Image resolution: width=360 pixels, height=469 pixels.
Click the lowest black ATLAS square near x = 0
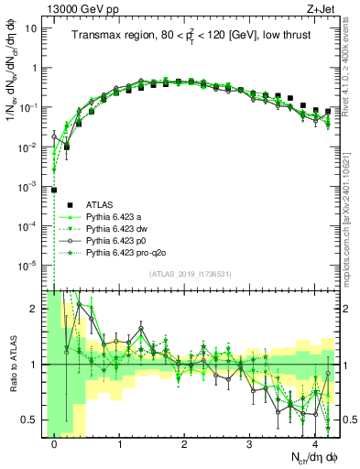[55, 191]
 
